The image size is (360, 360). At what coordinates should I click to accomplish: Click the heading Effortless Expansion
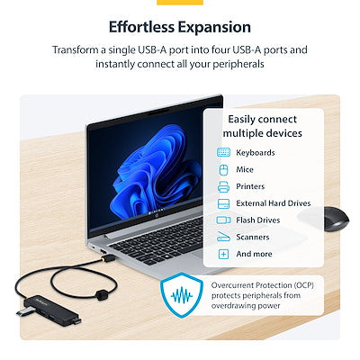coord(180,27)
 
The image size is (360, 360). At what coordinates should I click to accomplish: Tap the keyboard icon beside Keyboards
coord(224,153)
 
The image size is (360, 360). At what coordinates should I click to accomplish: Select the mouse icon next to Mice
coord(224,169)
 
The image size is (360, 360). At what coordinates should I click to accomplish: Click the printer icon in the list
coord(224,186)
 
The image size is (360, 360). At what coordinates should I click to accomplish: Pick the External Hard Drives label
coord(274,203)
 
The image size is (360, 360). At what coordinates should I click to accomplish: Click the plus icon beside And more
coord(224,254)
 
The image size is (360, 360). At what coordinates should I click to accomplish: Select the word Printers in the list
coord(253,186)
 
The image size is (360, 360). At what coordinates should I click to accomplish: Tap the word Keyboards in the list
coord(256,153)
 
